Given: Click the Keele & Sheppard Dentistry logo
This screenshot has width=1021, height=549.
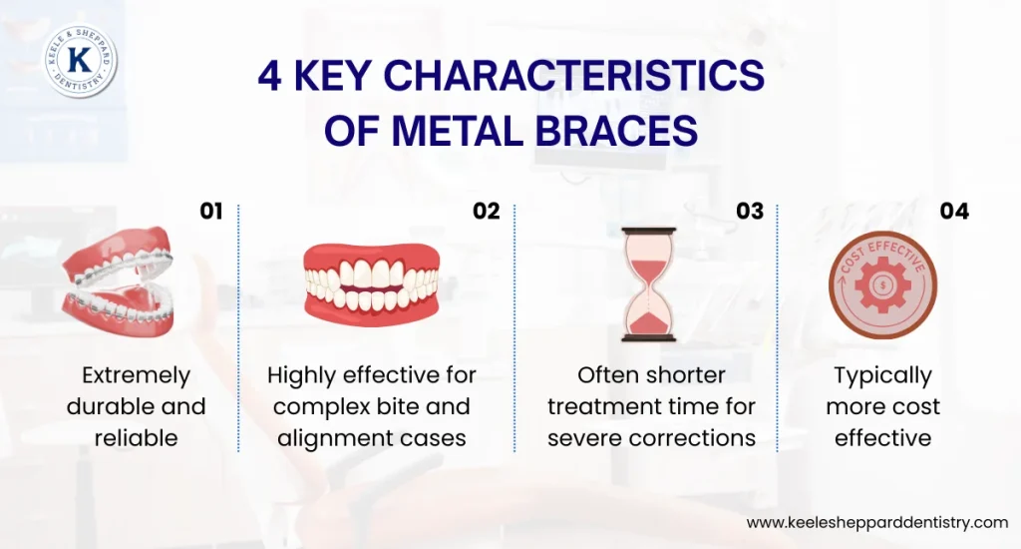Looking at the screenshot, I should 80,61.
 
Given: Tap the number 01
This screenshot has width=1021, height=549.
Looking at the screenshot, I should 210,211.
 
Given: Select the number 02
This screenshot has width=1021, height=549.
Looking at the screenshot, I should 486,211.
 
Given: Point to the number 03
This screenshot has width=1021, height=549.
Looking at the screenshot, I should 750,211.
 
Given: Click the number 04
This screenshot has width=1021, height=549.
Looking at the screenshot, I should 954,211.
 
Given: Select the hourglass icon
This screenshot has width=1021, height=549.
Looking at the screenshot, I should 648,284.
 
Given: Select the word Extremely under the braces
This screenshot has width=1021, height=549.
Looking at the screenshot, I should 136,376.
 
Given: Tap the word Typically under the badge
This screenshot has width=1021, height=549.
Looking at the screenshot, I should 882,376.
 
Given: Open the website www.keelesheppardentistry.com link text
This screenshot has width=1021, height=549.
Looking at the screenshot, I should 877,522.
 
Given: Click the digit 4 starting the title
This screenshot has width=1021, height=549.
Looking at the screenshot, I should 269,78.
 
